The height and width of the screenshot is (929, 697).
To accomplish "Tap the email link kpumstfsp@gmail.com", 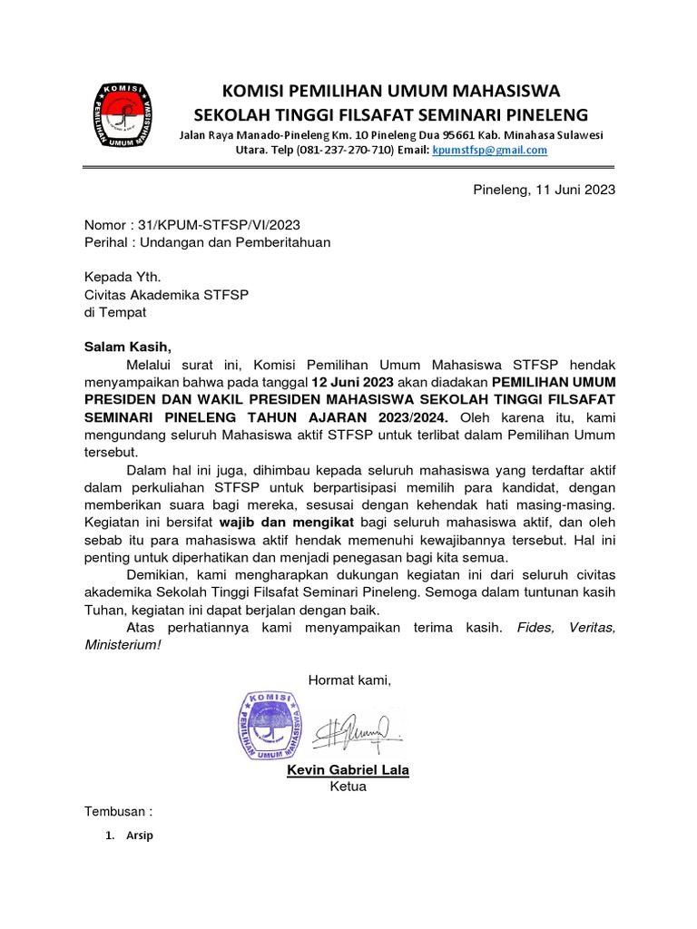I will [x=490, y=151].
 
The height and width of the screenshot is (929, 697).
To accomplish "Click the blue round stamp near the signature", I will [x=270, y=725].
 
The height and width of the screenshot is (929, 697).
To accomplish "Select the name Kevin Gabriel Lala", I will [x=348, y=770].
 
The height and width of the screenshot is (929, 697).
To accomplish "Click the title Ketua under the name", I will [x=348, y=787].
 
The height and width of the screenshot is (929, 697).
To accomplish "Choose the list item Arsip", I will [x=140, y=836].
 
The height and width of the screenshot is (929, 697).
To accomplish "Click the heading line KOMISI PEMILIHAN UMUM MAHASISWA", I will [x=392, y=91].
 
